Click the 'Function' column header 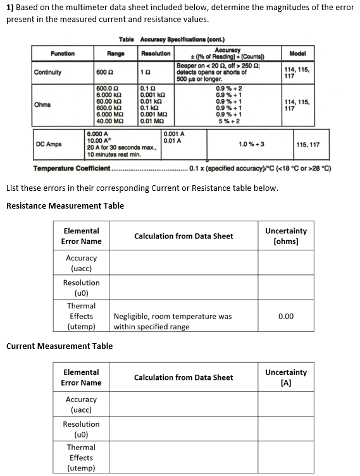point(63,54)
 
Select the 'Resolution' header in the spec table point(155,54)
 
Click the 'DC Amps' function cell point(49,144)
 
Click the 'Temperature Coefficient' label point(71,169)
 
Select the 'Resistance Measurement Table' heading point(65,205)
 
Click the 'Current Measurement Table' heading point(59,346)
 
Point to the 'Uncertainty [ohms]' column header point(286,236)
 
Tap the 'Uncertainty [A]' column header point(286,377)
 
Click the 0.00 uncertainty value point(286,316)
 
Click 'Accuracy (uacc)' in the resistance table point(81,263)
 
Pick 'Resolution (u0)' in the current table point(81,429)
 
